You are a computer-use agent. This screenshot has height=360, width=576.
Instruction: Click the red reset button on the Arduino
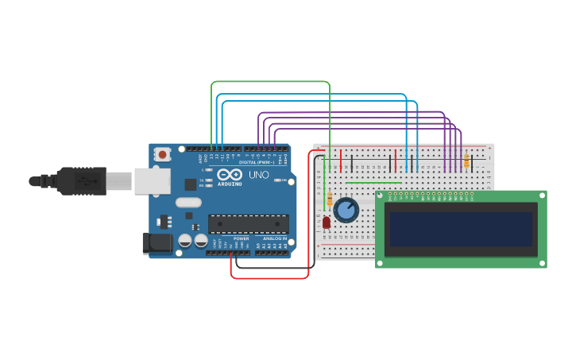tap(163, 154)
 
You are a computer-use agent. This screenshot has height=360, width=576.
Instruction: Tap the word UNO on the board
tap(259, 175)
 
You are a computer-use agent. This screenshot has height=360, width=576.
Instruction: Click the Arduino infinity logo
tap(230, 175)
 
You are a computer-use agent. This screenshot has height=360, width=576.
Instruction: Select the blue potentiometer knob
tap(346, 210)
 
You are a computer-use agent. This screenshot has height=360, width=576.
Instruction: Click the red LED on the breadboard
tap(327, 223)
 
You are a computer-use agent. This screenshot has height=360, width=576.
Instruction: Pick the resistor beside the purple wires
tap(466, 162)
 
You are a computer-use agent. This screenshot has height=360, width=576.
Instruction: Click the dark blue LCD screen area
tap(458, 229)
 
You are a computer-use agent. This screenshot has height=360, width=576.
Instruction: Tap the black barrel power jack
tap(157, 244)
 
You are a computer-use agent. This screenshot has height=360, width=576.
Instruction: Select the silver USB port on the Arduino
tap(152, 181)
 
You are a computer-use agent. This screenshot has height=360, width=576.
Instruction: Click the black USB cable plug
tap(80, 181)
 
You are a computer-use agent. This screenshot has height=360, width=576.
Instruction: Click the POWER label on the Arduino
tap(242, 238)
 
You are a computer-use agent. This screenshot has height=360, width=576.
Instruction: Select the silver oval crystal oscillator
tap(188, 203)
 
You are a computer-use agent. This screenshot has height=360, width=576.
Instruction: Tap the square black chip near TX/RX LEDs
tap(191, 184)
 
